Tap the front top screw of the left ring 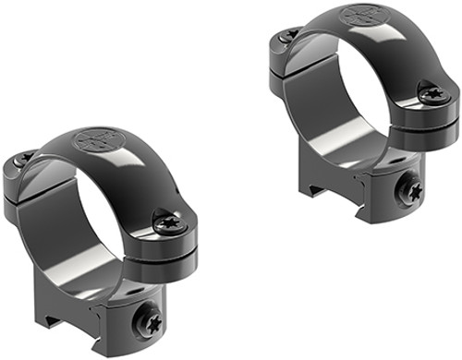[x=169, y=222]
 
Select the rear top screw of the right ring [x=289, y=34]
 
